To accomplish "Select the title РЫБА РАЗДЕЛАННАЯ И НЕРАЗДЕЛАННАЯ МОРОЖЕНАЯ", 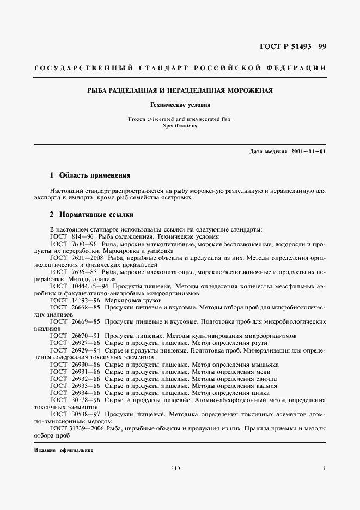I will coord(180,90).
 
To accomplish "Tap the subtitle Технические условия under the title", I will coord(180,104).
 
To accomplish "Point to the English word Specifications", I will coord(180,125).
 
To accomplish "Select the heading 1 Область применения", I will coord(90,175).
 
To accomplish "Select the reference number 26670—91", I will coord(88,335).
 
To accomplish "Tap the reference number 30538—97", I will coord(88,414).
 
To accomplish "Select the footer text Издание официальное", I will coord(60,450).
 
